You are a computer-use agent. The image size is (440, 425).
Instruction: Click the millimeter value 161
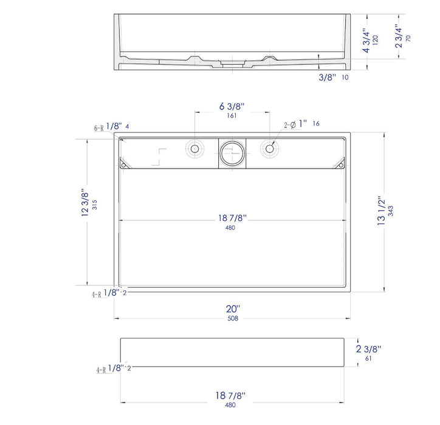[231, 115]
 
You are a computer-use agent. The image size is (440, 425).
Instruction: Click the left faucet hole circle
[194, 148]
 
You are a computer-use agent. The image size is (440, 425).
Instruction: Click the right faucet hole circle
[269, 148]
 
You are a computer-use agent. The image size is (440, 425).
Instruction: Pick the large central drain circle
[231, 153]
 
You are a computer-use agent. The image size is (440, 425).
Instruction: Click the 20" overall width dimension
[233, 309]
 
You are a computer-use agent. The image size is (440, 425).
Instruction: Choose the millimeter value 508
[233, 318]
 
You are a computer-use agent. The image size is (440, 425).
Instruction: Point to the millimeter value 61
[369, 358]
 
